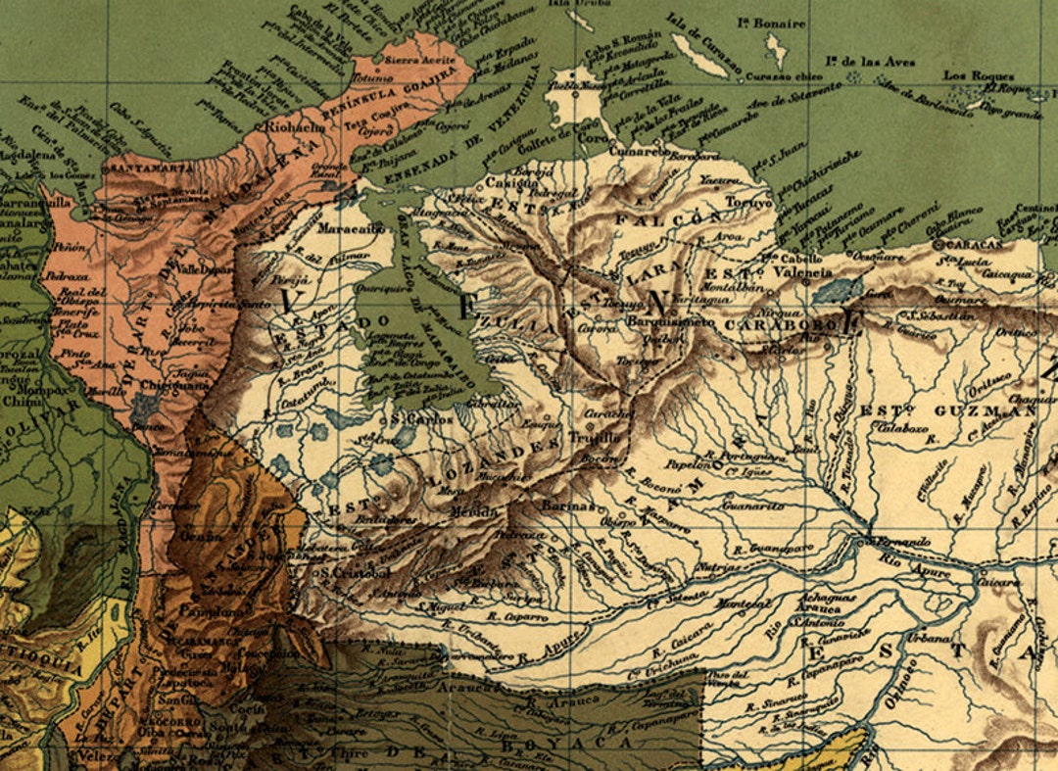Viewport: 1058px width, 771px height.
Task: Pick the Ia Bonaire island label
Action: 773,23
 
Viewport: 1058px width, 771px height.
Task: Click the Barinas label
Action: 568,506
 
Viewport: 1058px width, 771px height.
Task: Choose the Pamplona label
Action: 226,611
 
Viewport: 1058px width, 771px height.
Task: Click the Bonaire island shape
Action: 779,49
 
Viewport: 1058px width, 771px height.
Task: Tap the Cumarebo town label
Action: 636,153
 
